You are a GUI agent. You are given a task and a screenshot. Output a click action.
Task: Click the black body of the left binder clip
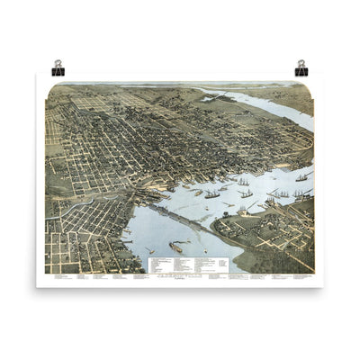[x=58, y=71]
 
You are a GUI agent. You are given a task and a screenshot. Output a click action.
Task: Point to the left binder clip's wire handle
[x=58, y=63]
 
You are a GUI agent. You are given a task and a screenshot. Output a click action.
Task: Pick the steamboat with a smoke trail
[x=175, y=247]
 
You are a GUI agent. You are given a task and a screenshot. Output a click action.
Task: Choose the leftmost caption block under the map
[x=61, y=276]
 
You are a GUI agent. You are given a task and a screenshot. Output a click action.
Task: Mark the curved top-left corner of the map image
[x=49, y=87]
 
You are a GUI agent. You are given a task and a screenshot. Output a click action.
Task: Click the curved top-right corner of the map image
[x=310, y=87]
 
